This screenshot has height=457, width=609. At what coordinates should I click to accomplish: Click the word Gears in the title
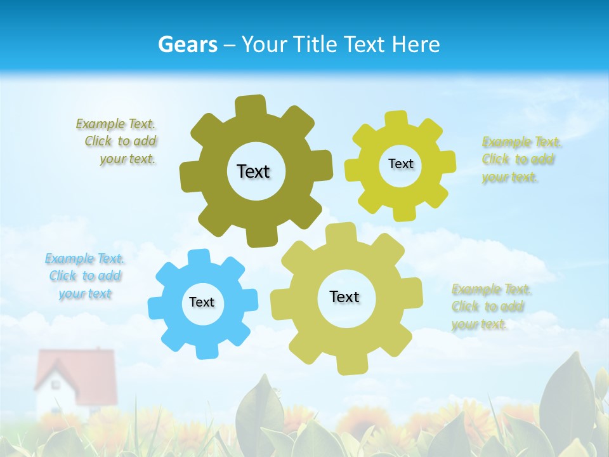tap(187, 44)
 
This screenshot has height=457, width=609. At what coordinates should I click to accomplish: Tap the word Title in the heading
tap(315, 44)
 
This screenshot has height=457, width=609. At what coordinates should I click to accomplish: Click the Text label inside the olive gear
tap(253, 171)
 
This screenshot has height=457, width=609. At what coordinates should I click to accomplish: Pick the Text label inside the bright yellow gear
tap(400, 164)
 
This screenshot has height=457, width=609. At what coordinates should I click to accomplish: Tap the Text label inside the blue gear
tap(202, 302)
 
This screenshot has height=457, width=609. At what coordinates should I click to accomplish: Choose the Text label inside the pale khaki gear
tap(344, 296)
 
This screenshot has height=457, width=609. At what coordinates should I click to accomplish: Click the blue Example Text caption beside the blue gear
tap(84, 276)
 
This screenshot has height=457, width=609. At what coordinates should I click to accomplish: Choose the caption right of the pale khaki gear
tap(490, 307)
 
